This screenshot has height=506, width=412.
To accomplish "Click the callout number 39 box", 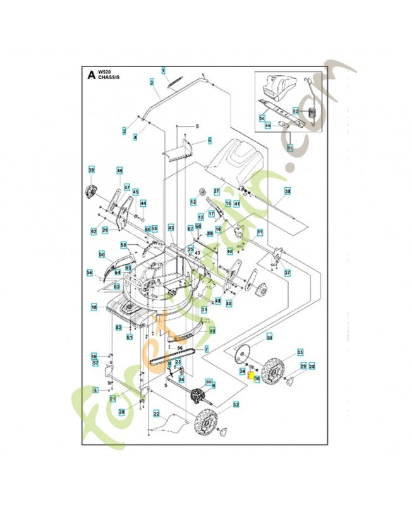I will tap(92, 170).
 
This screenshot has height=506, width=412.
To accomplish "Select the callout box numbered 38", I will tap(288, 190).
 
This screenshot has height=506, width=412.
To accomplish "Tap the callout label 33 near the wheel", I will tap(300, 352).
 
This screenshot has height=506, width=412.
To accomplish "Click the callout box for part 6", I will tap(210, 140).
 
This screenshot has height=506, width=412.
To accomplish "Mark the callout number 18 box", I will tap(94, 307).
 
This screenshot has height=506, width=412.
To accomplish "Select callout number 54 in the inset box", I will tap(261, 118).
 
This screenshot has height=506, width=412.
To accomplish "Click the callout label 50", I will tap(101, 254).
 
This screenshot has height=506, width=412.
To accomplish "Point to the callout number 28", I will tap(311, 366).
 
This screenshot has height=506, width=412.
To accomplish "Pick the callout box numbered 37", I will tap(286, 273).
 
